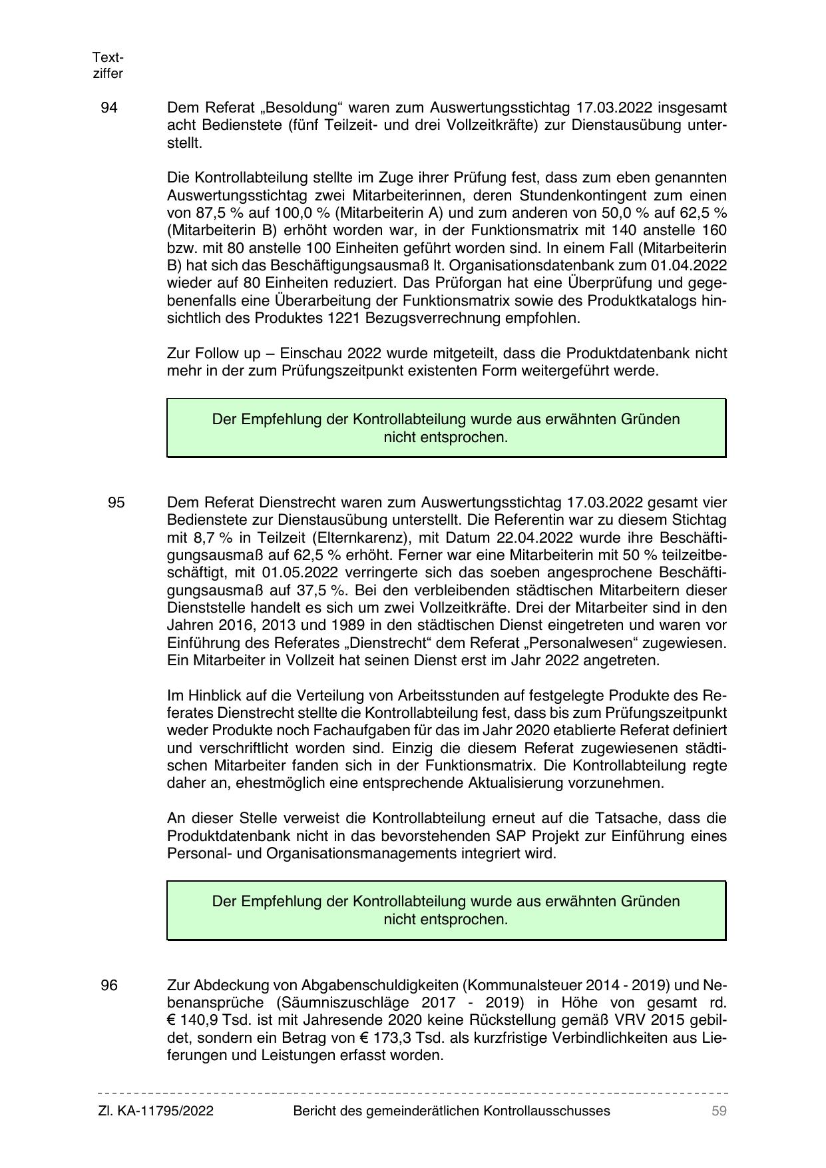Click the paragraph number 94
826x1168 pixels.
pos(109,108)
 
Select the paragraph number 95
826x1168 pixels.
pos(116,502)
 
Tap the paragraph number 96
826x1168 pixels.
pos(109,985)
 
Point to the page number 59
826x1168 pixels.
pos(719,1111)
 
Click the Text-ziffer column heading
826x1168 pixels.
pos(108,65)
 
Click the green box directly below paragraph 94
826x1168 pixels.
pos(446,428)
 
